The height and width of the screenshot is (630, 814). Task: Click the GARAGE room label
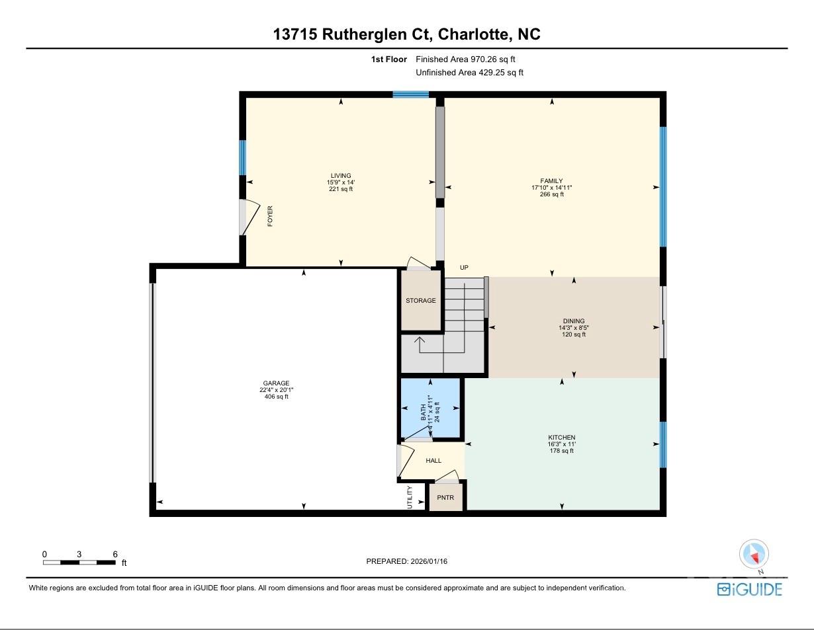(x=276, y=383)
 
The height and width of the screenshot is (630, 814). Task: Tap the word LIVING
(x=341, y=175)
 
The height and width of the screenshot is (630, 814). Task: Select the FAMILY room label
(x=551, y=181)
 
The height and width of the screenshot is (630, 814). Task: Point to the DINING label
(x=574, y=321)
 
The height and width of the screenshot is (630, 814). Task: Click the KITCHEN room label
(x=561, y=438)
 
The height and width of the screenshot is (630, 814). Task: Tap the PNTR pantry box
(x=445, y=497)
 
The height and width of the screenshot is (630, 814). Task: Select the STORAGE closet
(x=421, y=300)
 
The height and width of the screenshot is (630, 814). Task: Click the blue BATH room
(x=430, y=408)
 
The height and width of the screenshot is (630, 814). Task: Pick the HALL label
(x=433, y=461)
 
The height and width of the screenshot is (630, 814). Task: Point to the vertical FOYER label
(x=270, y=216)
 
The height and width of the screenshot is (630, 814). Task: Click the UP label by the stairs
(x=464, y=268)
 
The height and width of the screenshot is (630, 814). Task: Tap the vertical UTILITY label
(x=410, y=497)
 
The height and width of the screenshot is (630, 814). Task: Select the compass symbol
(x=754, y=555)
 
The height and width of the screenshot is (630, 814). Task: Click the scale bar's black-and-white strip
(x=79, y=563)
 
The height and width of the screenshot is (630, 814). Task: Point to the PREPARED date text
(x=407, y=561)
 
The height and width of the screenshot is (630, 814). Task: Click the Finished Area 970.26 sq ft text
(x=465, y=59)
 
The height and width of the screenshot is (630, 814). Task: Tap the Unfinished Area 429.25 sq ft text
(x=469, y=73)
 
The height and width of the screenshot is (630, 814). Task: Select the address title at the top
(x=407, y=34)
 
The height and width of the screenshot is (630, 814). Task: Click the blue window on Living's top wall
(x=410, y=95)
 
